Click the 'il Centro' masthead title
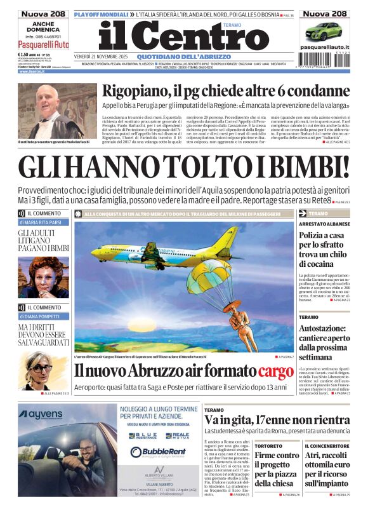[x=174, y=37]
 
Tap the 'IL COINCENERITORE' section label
[x=326, y=446]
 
